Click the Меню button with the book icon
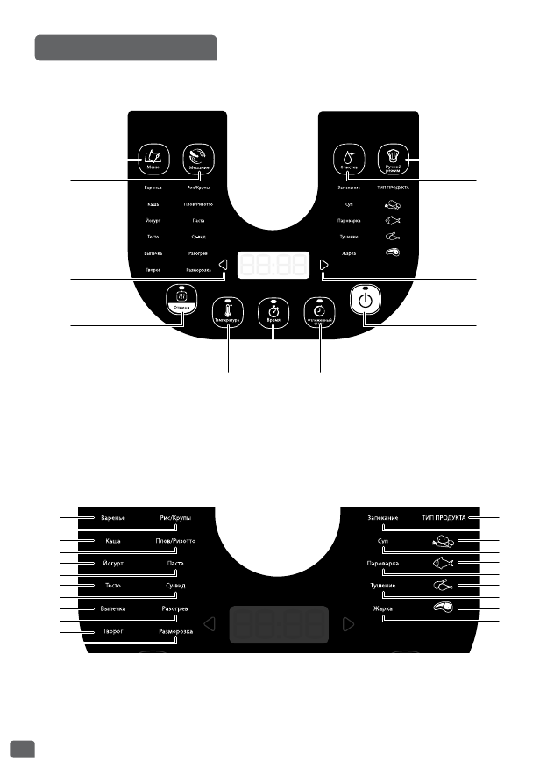153,159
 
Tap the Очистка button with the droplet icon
348,160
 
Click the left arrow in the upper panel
224,266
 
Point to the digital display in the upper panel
273,266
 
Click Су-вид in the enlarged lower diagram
175,586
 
